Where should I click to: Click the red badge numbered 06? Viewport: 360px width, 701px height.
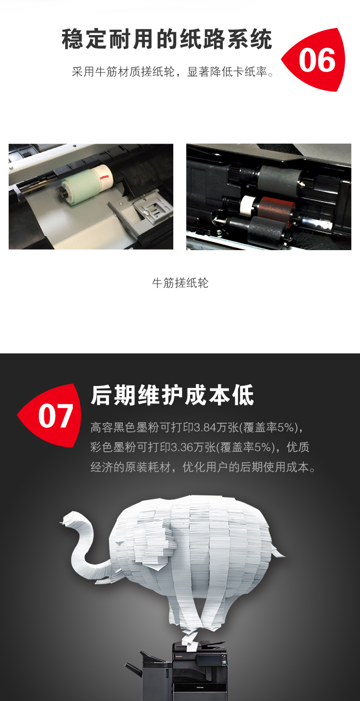click(x=314, y=60)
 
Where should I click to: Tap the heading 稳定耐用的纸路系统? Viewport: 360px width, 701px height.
click(x=167, y=39)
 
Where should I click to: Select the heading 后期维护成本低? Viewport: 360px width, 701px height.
click(x=172, y=396)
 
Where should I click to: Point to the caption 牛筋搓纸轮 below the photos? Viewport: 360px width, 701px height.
click(x=180, y=283)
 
